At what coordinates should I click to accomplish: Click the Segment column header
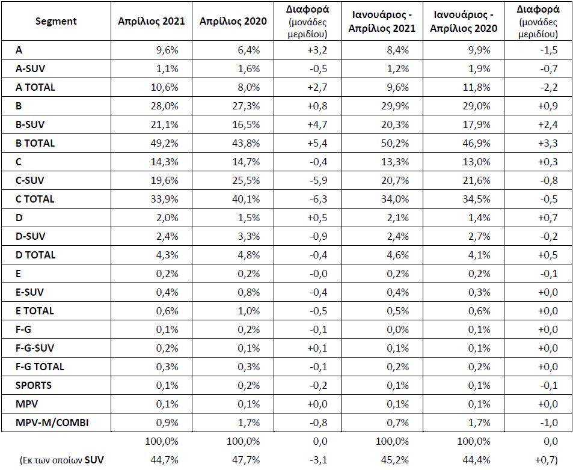point(56,22)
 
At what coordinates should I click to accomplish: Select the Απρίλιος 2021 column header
point(152,21)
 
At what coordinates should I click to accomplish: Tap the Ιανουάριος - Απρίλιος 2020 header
point(464,22)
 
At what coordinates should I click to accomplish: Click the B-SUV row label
point(30,124)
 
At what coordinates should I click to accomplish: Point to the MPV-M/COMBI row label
point(52,423)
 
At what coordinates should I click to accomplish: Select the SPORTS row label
point(33,385)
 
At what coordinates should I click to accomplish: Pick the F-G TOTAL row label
point(40,367)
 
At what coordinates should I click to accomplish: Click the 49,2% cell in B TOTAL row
point(165,143)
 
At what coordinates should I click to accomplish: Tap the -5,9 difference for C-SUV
point(318,180)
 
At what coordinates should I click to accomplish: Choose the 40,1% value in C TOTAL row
point(246,199)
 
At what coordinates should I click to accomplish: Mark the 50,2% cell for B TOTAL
point(394,143)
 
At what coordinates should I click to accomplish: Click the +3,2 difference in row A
point(317,50)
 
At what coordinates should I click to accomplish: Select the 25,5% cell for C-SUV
point(246,180)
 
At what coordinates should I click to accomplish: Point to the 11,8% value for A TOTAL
point(477,87)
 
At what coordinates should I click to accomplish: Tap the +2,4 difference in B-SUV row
point(548,124)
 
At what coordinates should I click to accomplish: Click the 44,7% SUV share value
point(165,460)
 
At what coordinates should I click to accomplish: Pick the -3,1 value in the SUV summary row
point(318,460)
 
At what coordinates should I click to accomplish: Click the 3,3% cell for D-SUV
point(249,236)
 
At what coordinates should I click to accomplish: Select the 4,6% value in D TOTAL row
point(397,255)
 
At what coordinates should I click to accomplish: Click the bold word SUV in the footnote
point(94,460)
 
